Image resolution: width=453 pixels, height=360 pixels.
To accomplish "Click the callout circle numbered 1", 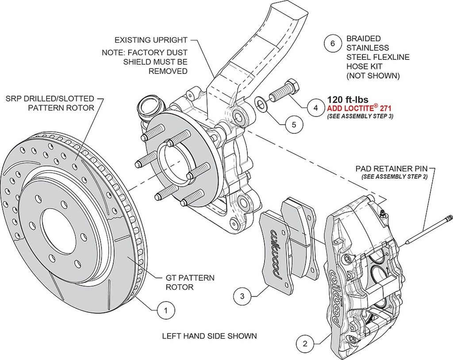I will [165, 311].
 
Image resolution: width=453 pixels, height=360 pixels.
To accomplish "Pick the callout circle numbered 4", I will [315, 107].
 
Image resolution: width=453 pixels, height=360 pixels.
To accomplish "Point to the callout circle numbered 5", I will [293, 125].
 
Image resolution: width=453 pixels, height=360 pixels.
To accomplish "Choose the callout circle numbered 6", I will [332, 43].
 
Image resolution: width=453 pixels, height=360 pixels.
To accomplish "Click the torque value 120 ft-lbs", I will [348, 100].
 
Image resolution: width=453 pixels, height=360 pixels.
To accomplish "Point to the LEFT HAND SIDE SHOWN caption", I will [209, 336].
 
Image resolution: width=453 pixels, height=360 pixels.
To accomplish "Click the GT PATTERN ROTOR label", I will [190, 282].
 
